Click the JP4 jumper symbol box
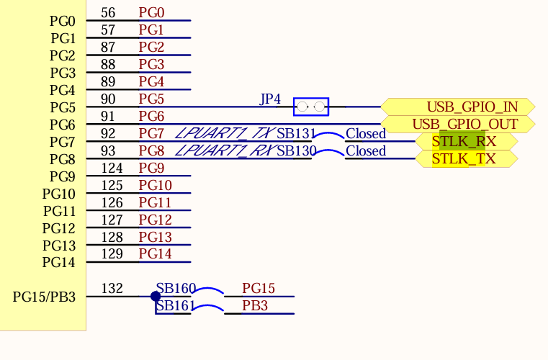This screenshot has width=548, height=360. (x=311, y=107)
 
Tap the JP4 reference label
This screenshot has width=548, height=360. (x=270, y=99)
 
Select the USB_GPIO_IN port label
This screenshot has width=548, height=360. (x=472, y=107)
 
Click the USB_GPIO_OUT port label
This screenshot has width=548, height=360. (x=464, y=125)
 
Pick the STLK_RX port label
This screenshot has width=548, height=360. (x=464, y=142)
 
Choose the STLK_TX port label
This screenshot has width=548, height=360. (x=464, y=159)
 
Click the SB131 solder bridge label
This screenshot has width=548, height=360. (x=296, y=134)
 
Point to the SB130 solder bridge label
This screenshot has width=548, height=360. (x=296, y=151)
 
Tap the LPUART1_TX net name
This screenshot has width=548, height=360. (x=225, y=134)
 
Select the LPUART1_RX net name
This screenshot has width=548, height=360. (x=225, y=151)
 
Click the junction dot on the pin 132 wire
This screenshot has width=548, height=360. (x=156, y=296)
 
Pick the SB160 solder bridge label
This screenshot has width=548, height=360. (x=176, y=289)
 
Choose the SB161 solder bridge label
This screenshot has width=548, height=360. (x=176, y=306)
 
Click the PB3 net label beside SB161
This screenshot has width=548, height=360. (x=254, y=306)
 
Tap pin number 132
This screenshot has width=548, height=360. (x=112, y=289)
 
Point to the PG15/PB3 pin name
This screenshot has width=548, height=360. (x=44, y=297)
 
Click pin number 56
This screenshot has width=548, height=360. (x=108, y=13)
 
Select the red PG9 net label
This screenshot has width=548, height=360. (x=151, y=168)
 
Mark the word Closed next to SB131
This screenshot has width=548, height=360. (x=366, y=134)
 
